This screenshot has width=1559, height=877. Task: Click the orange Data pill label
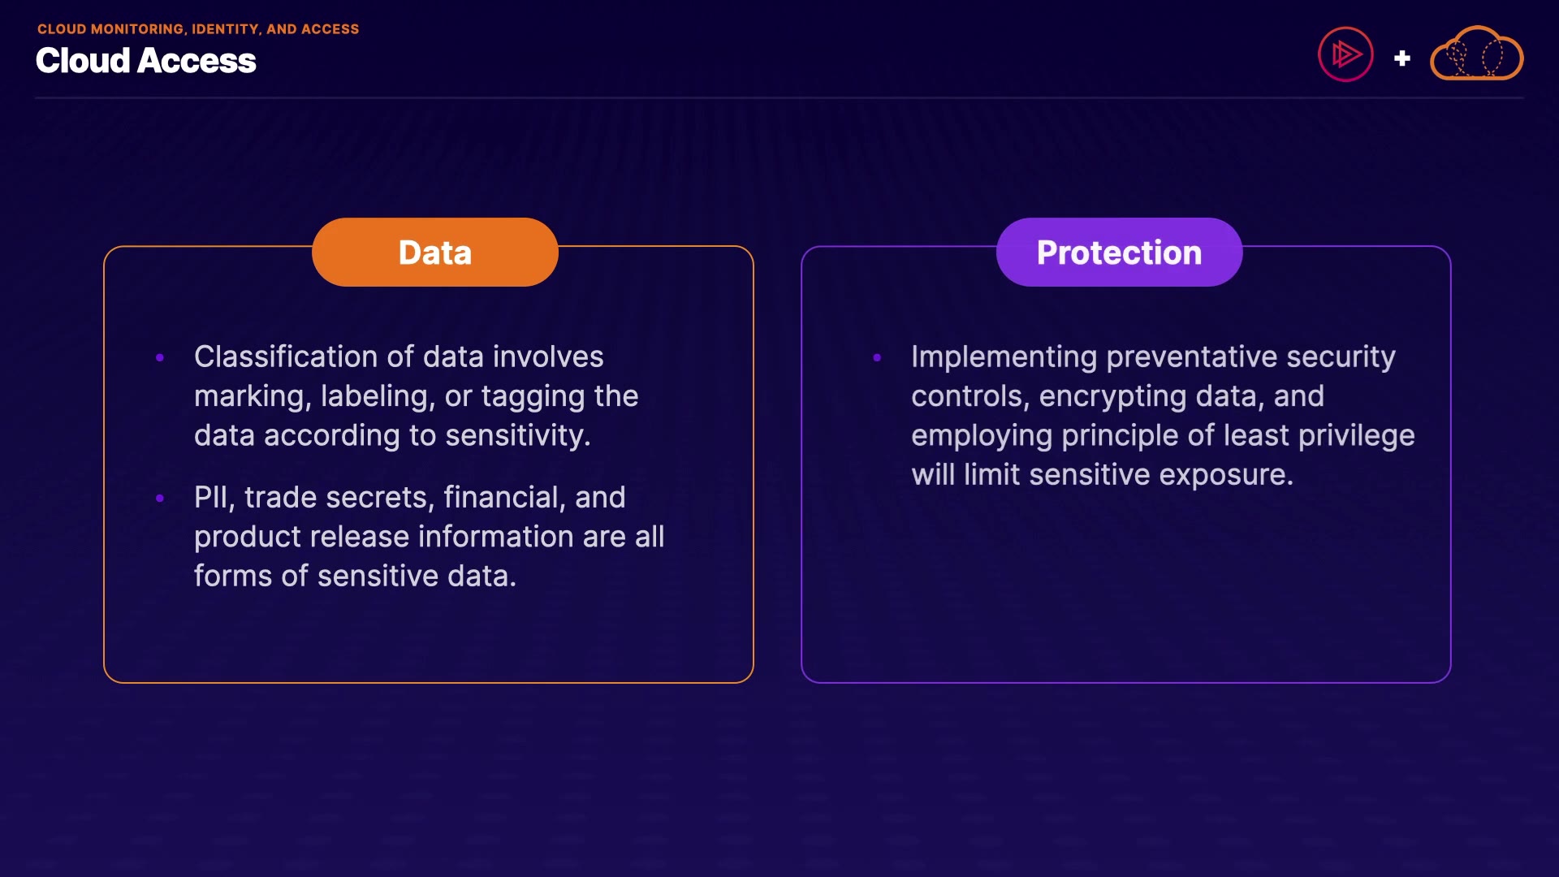point(435,252)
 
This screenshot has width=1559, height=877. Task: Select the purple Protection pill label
point(1119,252)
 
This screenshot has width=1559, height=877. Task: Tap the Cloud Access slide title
point(146,61)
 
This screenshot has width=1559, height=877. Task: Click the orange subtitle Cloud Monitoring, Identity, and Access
point(198,29)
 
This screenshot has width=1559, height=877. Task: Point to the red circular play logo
point(1345,54)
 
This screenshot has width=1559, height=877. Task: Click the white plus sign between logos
point(1401,58)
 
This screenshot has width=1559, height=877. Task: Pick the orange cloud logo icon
point(1476,54)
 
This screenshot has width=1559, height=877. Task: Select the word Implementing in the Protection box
point(1004,356)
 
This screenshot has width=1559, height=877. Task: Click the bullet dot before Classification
point(160,357)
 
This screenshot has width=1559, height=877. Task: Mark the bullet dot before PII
point(160,498)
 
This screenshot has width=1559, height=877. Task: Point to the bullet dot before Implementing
point(877,357)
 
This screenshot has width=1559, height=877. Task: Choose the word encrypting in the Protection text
point(1112,396)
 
